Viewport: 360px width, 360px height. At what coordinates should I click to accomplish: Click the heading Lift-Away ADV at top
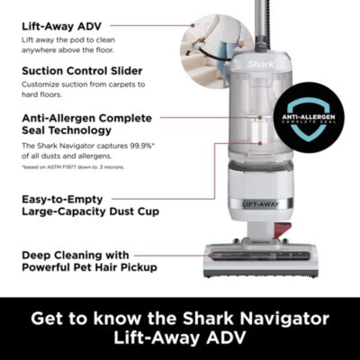point(62,27)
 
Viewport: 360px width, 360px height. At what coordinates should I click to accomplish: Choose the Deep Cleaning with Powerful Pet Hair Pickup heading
point(88,262)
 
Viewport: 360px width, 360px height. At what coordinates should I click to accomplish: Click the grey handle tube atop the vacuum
point(263,18)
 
